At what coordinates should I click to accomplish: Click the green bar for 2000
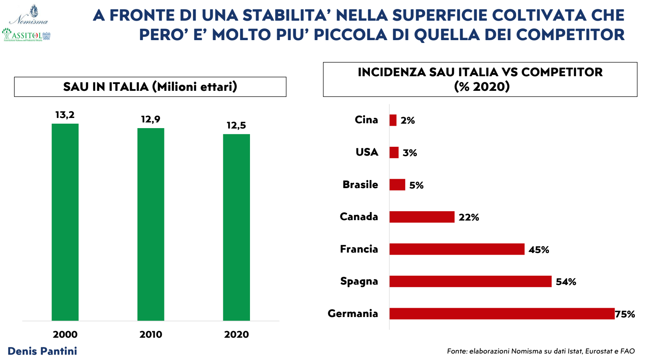(x=65, y=222)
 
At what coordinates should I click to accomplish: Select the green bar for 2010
(x=151, y=224)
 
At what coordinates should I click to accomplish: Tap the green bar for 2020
(x=236, y=227)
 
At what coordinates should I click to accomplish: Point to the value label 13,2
(x=65, y=115)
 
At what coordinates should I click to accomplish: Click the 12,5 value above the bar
(x=236, y=125)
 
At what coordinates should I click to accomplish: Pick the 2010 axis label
(x=151, y=334)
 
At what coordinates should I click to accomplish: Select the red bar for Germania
(x=502, y=314)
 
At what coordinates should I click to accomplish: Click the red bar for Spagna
(x=470, y=281)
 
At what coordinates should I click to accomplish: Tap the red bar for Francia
(x=457, y=249)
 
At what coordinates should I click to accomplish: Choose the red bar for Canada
(x=422, y=217)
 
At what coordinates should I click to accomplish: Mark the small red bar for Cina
(x=393, y=120)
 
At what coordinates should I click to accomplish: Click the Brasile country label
(x=360, y=184)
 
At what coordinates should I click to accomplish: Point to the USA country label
(x=367, y=152)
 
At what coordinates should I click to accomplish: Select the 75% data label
(x=625, y=314)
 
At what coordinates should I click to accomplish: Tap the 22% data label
(x=469, y=217)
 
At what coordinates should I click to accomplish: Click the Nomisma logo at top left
(x=29, y=15)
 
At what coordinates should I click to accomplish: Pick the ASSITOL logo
(x=26, y=35)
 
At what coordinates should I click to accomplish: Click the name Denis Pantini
(x=42, y=351)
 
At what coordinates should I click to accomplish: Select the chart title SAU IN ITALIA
(x=150, y=87)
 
